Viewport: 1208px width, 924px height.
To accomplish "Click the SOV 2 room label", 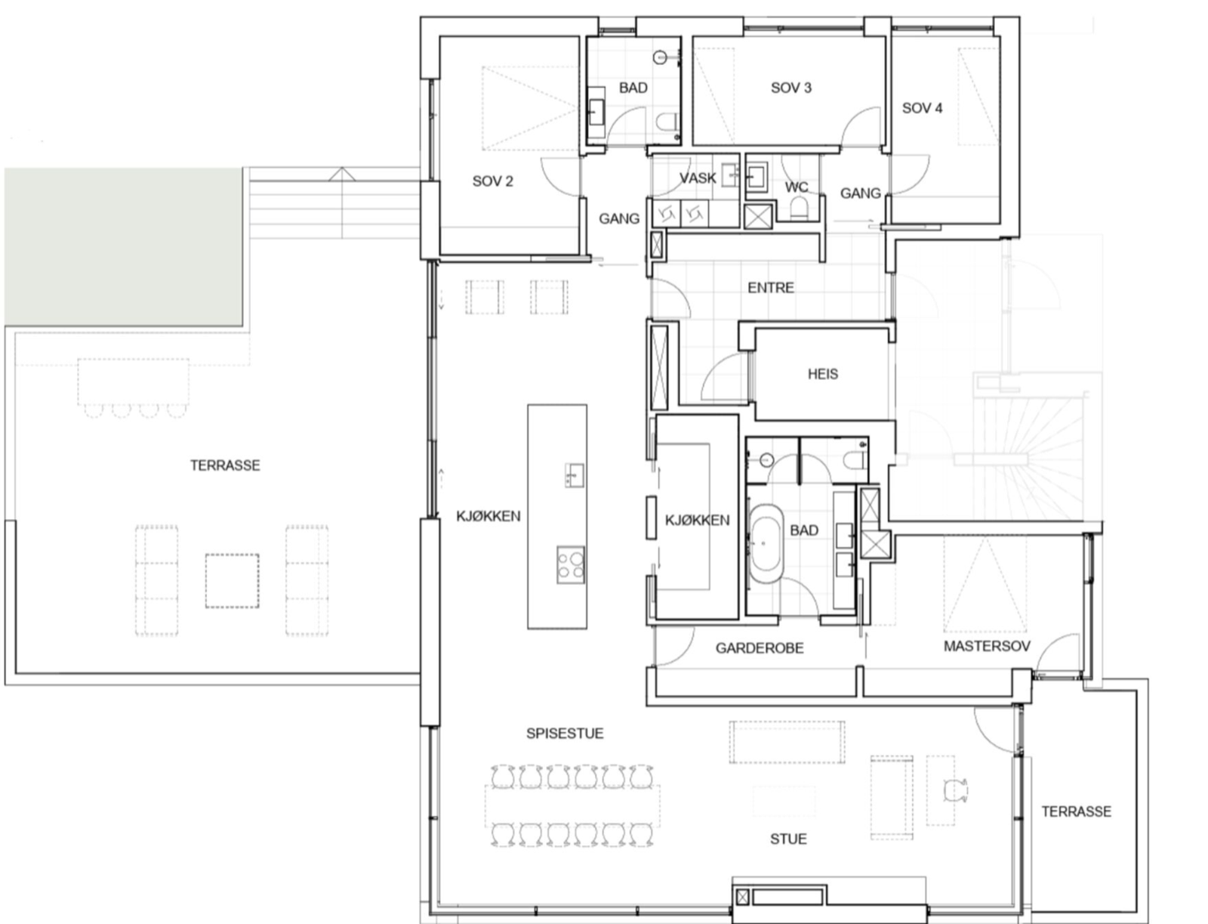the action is point(492,181).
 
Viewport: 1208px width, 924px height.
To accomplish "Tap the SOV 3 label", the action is point(790,88).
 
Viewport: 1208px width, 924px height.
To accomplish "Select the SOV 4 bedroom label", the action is point(922,109).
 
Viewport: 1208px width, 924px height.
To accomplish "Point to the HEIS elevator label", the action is point(823,375).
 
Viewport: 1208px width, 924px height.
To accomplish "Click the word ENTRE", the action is point(771,288).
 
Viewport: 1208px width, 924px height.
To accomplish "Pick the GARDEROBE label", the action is point(760,648).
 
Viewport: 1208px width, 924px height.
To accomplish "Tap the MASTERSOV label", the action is point(987,646).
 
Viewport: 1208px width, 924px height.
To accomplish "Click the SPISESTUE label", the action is point(565,734).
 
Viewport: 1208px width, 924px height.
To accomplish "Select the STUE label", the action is point(788,839).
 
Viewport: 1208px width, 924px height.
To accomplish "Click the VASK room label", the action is point(698,178).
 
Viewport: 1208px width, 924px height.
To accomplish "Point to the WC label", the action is point(797,187).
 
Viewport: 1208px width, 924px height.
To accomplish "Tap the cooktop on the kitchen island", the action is point(570,565).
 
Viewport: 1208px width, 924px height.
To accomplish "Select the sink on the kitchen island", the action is point(574,475).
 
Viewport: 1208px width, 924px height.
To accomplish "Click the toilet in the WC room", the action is point(798,209).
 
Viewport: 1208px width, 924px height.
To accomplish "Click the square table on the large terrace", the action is point(233,581).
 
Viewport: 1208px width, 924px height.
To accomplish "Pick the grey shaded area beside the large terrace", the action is point(123,246).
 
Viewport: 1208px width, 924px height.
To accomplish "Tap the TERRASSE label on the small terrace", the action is point(1076,811).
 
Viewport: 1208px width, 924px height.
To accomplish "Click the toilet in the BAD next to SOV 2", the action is point(667,121).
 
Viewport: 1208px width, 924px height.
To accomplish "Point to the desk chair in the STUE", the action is point(955,791).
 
